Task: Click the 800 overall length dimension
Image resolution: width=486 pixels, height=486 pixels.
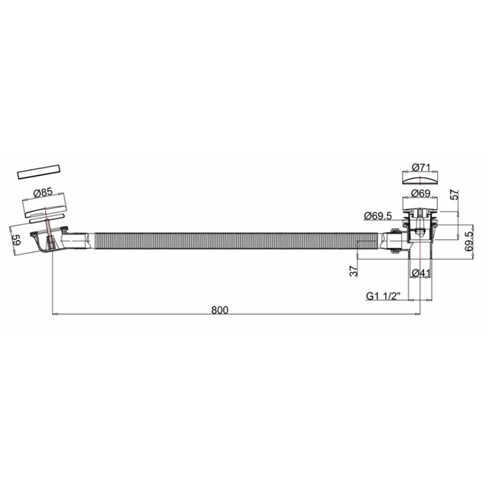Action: pyautogui.click(x=219, y=310)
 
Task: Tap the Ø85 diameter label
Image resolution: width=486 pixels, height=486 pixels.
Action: pyautogui.click(x=43, y=193)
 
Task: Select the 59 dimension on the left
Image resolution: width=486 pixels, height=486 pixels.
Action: pyautogui.click(x=16, y=239)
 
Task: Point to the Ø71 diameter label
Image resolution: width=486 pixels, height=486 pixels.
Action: pyautogui.click(x=421, y=168)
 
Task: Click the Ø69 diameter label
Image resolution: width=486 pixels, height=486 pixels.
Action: pyautogui.click(x=420, y=193)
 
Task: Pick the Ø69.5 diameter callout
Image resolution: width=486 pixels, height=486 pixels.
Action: pyautogui.click(x=378, y=216)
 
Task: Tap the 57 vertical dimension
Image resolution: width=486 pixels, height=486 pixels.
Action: pyautogui.click(x=454, y=194)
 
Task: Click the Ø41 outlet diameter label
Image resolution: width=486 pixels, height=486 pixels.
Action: pyautogui.click(x=421, y=273)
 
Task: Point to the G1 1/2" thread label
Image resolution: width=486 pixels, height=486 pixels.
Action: pyautogui.click(x=383, y=296)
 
